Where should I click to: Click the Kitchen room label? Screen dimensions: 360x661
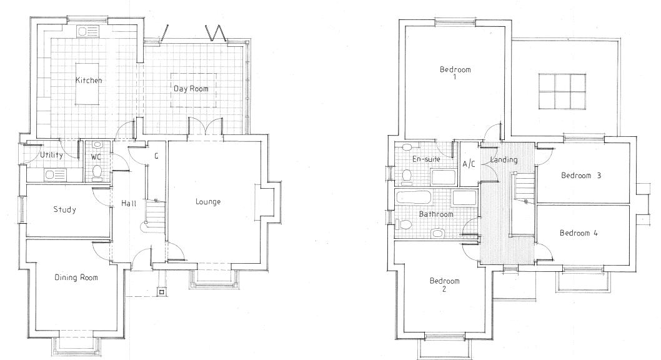coord(89,81)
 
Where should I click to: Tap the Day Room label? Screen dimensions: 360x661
coord(191,89)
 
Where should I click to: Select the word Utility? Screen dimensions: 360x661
coord(51,155)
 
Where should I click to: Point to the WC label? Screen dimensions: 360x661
coord(96,157)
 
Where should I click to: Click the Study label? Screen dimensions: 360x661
coord(64,209)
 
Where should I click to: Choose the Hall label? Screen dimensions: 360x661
coord(129,204)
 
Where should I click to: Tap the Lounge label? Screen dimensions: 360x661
coord(208,201)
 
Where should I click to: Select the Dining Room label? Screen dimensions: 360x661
coord(76,277)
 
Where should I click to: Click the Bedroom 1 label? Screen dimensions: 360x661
coord(455,72)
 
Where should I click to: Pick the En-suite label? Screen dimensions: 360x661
coord(427,159)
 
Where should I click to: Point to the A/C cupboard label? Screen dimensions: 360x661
coord(469,164)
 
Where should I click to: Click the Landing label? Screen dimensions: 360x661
coord(504,160)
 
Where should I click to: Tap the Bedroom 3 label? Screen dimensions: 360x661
coord(580,176)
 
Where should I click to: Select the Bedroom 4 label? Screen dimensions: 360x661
coord(579,233)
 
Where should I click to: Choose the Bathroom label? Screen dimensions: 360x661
coord(435,214)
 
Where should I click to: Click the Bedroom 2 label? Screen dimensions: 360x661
coord(444,284)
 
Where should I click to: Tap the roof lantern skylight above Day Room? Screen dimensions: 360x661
coord(561,91)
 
